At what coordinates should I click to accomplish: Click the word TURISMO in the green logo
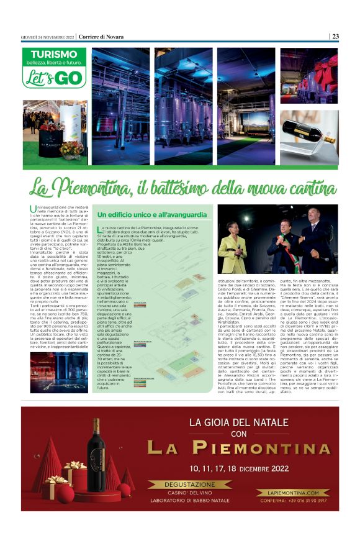(x=53, y=55)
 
